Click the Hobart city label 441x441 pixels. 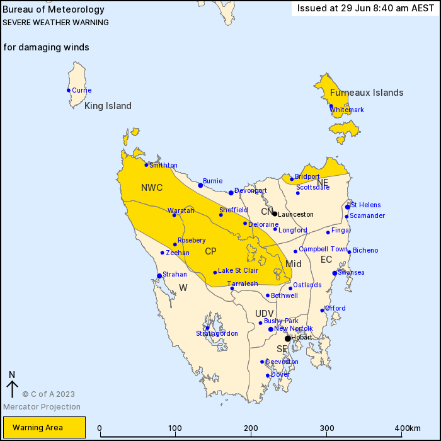pos(302,338)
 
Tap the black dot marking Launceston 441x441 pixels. pos(275,214)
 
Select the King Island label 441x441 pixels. pos(108,106)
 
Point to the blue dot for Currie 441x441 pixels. pos(69,90)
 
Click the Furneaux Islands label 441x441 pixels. pos(367,93)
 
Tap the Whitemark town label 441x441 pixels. pos(347,110)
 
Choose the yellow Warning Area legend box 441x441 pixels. pos(43,427)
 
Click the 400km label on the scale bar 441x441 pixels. pos(408,428)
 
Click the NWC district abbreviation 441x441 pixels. pos(152,188)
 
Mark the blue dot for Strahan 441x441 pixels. pos(159,275)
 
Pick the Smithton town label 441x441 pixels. pos(163,165)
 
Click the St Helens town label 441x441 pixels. pos(365,205)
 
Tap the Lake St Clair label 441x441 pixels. pos(238,270)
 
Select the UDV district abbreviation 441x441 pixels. pos(265,314)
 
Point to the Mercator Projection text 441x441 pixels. pos(42,406)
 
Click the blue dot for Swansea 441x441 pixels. pos(335,273)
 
